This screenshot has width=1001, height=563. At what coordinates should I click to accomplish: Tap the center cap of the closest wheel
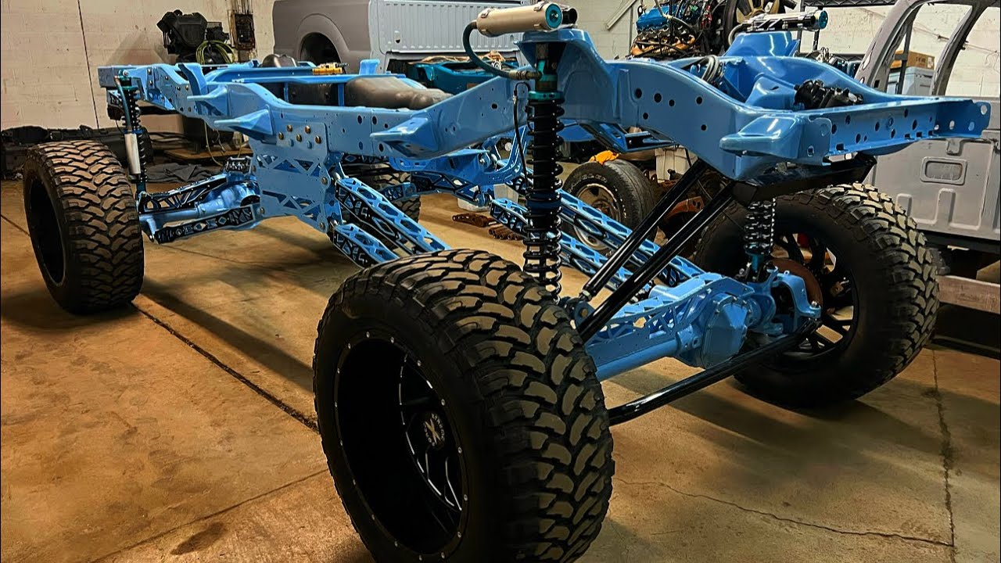(x=432, y=429)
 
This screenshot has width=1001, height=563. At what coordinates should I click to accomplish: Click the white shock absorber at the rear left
(x=133, y=152)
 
